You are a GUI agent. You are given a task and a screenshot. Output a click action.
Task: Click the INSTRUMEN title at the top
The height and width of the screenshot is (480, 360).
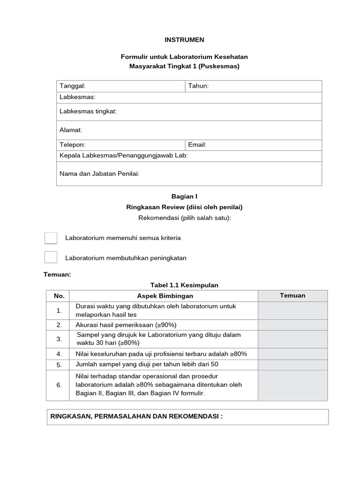(x=184, y=40)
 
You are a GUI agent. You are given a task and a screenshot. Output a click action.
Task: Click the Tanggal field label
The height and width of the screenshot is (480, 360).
(x=73, y=86)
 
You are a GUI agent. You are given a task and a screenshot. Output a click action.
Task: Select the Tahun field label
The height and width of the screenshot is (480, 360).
(x=198, y=86)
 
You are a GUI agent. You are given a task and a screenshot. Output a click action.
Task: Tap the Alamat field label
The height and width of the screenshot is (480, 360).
(x=71, y=130)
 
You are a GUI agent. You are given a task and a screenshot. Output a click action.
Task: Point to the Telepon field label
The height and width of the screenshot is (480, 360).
(x=73, y=145)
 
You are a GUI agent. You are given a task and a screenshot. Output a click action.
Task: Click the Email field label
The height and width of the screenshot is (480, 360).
(x=197, y=145)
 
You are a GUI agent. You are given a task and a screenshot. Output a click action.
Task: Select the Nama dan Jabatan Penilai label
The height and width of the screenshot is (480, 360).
(x=99, y=173)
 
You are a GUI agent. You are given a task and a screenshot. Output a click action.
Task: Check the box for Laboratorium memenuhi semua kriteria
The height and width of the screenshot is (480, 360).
(x=51, y=238)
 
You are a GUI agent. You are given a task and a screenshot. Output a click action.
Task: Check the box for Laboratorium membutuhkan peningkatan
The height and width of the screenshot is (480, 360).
(x=51, y=257)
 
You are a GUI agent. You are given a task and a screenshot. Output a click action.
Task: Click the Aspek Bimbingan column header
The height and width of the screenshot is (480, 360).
(x=165, y=296)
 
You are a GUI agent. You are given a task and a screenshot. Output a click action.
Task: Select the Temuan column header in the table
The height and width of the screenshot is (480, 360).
(x=292, y=295)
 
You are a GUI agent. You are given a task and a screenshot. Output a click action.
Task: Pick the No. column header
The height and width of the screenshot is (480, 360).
(x=59, y=296)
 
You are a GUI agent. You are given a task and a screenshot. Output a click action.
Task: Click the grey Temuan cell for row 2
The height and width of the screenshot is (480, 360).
(x=292, y=325)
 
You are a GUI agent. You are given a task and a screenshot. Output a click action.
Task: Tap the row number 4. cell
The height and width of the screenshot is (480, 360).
(x=59, y=353)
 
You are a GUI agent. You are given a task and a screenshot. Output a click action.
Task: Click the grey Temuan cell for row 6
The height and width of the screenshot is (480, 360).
(x=292, y=385)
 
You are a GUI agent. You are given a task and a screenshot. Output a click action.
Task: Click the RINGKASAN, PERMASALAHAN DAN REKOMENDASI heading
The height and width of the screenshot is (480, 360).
(x=136, y=416)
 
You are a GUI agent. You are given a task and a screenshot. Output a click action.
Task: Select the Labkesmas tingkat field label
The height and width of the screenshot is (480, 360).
(x=88, y=111)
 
